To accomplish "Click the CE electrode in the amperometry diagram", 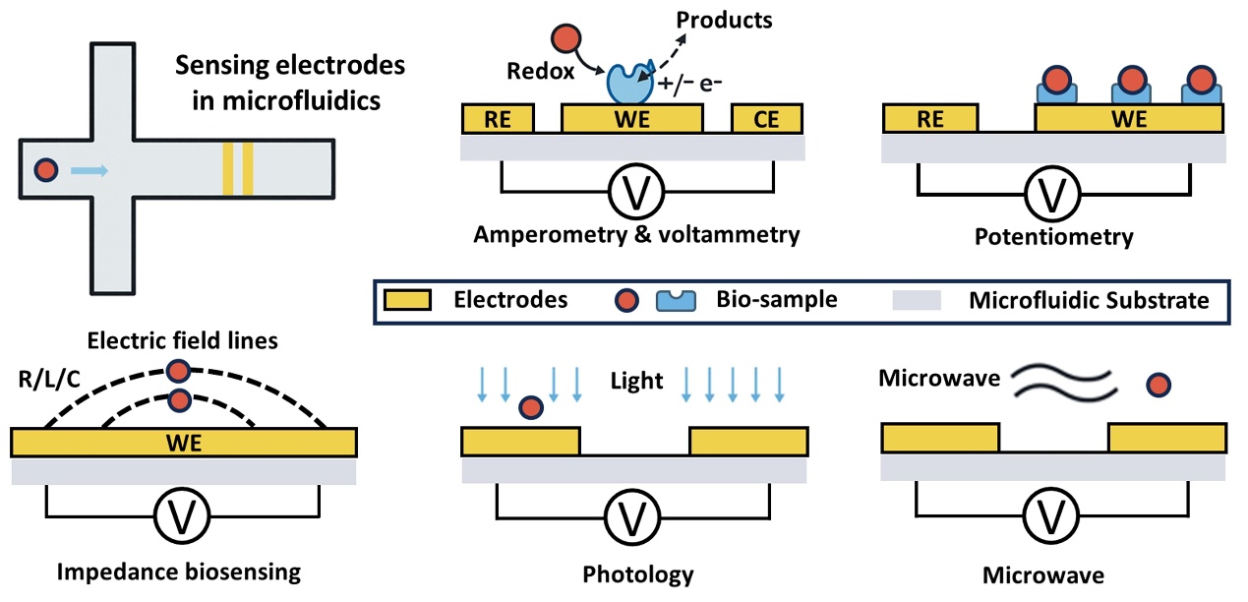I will (767, 120).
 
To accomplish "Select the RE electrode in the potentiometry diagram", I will (930, 120).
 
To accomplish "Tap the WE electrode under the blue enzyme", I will (631, 120).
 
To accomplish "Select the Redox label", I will (540, 71).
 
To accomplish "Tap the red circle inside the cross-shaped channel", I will (45, 170).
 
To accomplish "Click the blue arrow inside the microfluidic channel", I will (90, 170).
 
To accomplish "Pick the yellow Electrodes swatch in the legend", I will (407, 300).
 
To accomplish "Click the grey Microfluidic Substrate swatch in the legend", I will (917, 300).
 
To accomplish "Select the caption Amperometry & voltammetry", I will (636, 235).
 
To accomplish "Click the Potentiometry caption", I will (1053, 237).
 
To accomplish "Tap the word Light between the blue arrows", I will (637, 381).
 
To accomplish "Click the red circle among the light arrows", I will (531, 406).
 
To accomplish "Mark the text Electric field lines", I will (183, 341).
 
